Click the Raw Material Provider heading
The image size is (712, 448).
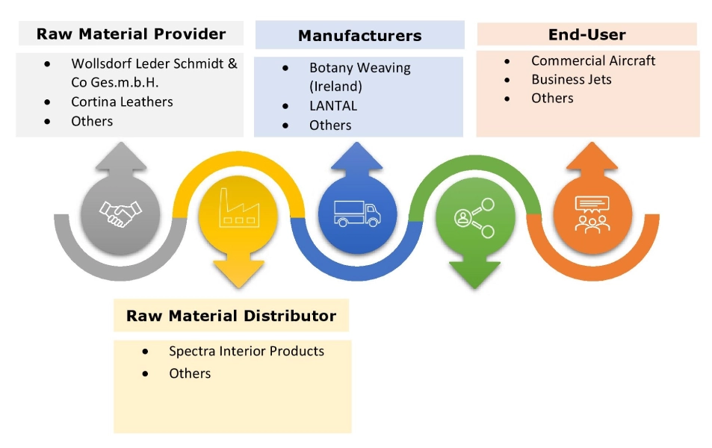[x=131, y=34]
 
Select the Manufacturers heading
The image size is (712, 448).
[x=359, y=35]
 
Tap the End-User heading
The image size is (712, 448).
[x=586, y=34]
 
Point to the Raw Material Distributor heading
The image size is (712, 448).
[x=231, y=316]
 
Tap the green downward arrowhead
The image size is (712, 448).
[x=474, y=275]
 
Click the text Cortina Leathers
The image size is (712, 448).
[x=122, y=102]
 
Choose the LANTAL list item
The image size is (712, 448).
[x=332, y=106]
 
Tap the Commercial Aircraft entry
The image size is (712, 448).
[x=593, y=60]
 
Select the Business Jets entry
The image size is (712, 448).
[x=572, y=79]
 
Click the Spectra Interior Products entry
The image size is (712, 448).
[x=247, y=351]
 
